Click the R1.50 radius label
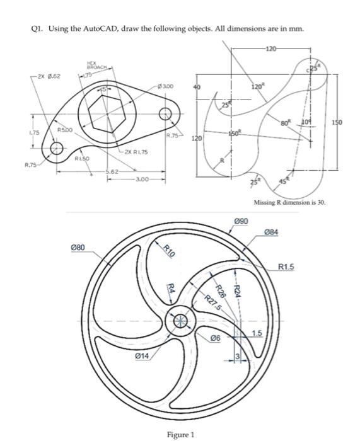[81, 160]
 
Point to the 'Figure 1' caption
[180, 434]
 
